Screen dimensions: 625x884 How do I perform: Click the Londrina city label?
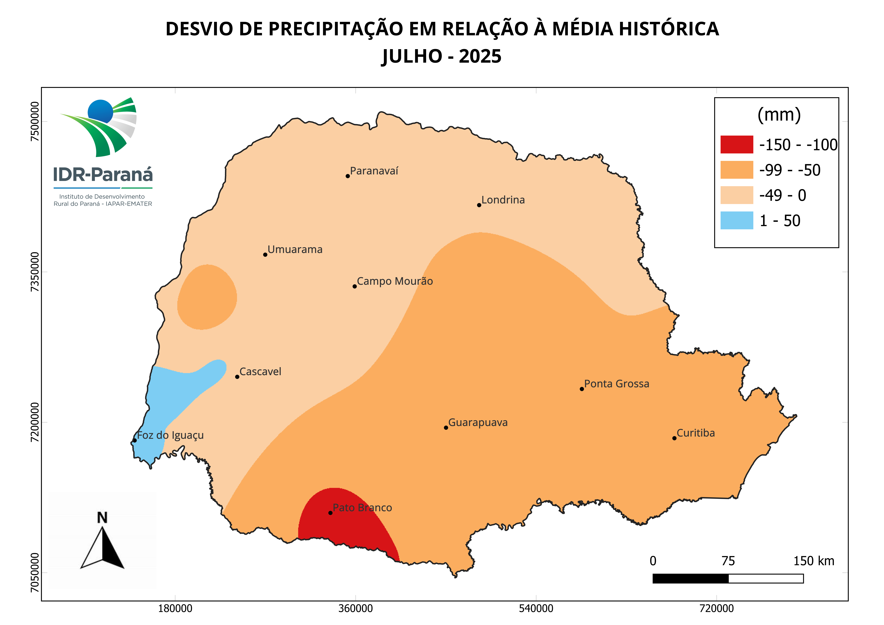click(503, 200)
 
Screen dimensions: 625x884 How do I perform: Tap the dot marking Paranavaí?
click(348, 176)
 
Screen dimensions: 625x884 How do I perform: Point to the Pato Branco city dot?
click(330, 513)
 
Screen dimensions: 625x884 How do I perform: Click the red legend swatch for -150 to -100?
click(737, 144)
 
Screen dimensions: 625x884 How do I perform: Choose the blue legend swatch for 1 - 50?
click(737, 221)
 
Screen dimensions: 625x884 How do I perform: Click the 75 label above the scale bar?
click(728, 561)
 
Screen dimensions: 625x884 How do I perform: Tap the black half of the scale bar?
click(690, 578)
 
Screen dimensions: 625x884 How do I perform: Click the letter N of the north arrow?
click(102, 518)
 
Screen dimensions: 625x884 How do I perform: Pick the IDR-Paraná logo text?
click(103, 175)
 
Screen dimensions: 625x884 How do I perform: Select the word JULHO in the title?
click(412, 57)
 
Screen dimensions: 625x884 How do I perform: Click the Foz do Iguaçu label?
click(170, 436)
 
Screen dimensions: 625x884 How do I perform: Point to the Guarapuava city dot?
click(446, 428)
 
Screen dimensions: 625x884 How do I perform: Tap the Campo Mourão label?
click(395, 282)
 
